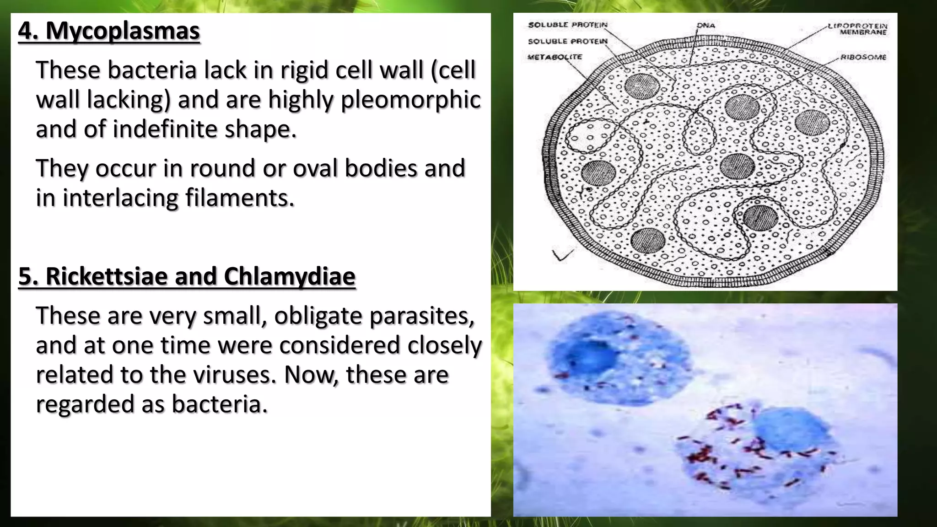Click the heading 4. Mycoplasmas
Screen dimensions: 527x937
point(109,31)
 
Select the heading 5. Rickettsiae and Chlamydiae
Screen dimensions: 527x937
point(187,276)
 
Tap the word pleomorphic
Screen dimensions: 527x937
point(410,100)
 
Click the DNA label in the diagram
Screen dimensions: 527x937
point(705,25)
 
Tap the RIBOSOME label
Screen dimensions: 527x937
point(863,57)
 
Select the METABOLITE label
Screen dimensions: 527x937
point(555,57)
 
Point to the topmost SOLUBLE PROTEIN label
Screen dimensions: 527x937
point(567,25)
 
